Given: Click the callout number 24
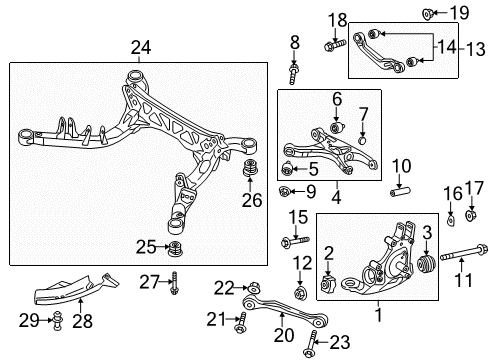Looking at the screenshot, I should click(x=140, y=46).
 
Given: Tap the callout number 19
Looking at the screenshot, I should click(x=459, y=12).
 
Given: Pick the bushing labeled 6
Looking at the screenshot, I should click(x=336, y=129).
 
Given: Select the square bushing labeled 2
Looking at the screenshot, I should click(x=329, y=288).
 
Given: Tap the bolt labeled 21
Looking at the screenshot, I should click(x=241, y=321).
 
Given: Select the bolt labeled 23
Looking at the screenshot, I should click(x=306, y=342).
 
